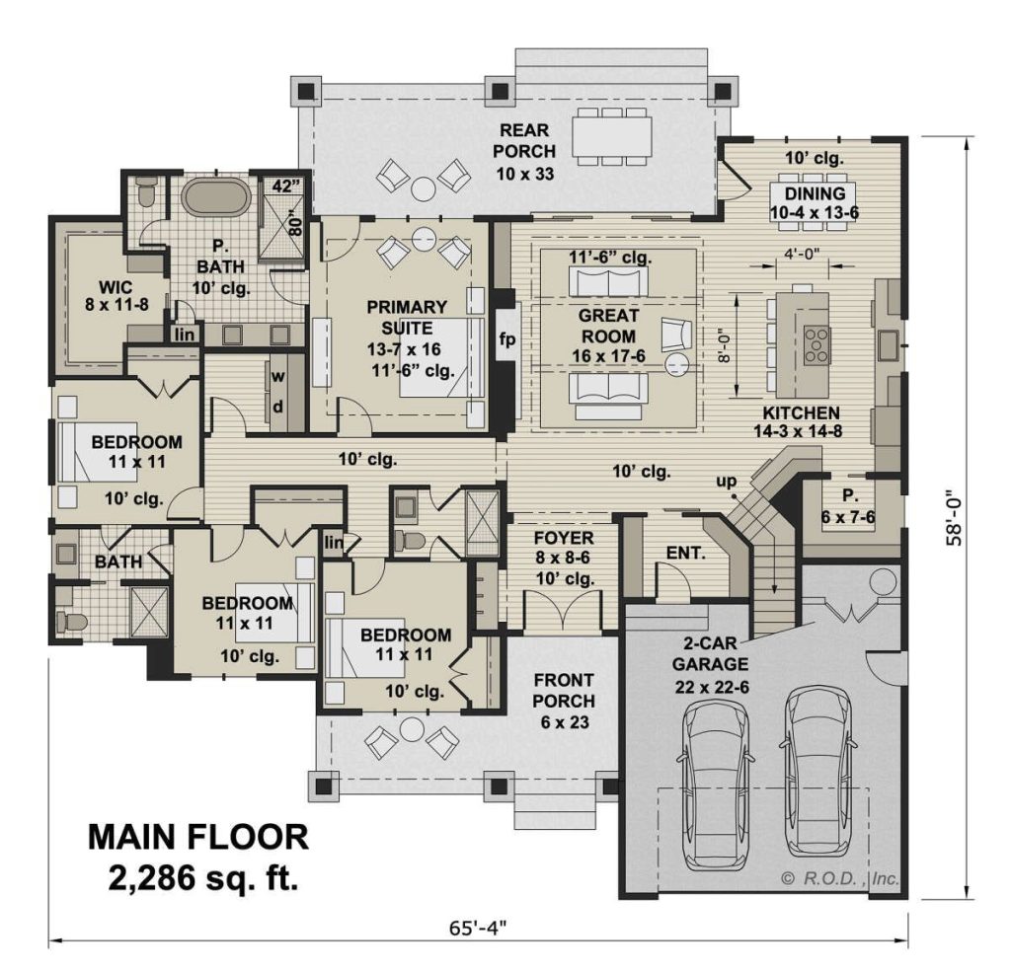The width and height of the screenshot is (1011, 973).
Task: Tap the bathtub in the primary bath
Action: pos(215,196)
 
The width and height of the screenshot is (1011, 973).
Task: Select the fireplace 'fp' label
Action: pos(505,339)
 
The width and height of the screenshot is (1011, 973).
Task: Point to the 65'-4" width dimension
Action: pos(480,927)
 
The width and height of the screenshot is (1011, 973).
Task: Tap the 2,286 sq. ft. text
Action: pos(205,876)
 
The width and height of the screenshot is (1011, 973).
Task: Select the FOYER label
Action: pos(562,538)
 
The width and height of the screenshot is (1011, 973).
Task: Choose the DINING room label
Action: pos(815,193)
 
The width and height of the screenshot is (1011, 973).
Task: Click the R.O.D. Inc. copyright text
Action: pos(839,877)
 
